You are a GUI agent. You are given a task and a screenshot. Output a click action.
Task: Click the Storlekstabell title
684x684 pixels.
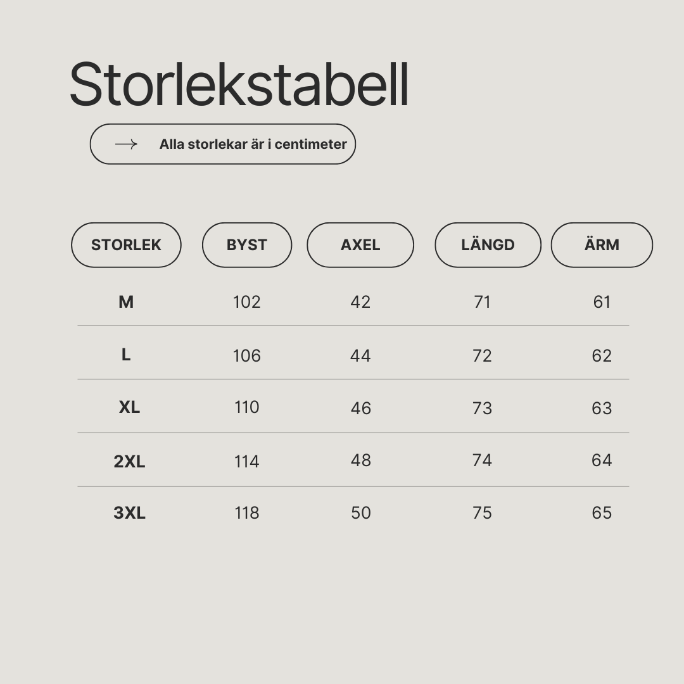pyautogui.click(x=239, y=85)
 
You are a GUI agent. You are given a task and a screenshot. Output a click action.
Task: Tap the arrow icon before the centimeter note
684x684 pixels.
pyautogui.click(x=126, y=144)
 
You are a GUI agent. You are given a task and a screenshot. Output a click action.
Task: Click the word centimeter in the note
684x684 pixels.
pyautogui.click(x=310, y=144)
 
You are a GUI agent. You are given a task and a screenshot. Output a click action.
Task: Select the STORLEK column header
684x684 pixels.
pyautogui.click(x=126, y=244)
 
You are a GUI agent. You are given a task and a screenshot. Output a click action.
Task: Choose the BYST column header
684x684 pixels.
pyautogui.click(x=247, y=244)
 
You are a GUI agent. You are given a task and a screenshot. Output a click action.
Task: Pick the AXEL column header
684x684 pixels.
pyautogui.click(x=360, y=244)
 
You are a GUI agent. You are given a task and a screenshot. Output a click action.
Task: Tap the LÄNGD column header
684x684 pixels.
pyautogui.click(x=488, y=244)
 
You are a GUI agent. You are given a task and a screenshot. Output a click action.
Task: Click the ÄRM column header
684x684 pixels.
pyautogui.click(x=602, y=244)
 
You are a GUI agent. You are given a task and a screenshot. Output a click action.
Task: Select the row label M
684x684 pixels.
pyautogui.click(x=126, y=302)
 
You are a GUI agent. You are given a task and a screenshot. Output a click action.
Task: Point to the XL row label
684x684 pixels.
pyautogui.click(x=130, y=407)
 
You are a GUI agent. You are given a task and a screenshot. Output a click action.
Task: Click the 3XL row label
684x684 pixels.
pyautogui.click(x=130, y=513)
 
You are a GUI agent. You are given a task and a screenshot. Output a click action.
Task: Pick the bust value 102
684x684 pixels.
pyautogui.click(x=247, y=302)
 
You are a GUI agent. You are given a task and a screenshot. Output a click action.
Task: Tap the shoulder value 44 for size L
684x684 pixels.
pyautogui.click(x=360, y=356)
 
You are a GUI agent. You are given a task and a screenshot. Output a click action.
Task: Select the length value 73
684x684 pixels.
pyautogui.click(x=482, y=408)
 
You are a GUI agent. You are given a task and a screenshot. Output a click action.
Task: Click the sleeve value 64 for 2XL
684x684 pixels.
pyautogui.click(x=602, y=460)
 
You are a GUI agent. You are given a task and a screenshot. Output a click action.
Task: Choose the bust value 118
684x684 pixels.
pyautogui.click(x=247, y=513)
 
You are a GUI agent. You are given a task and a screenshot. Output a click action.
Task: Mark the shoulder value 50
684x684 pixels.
pyautogui.click(x=361, y=513)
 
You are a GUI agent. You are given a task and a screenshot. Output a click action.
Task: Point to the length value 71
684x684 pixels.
pyautogui.click(x=482, y=302)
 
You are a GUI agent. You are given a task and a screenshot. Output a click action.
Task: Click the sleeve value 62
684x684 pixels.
pyautogui.click(x=602, y=356)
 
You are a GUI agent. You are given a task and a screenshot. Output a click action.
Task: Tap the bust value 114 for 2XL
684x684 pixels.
pyautogui.click(x=247, y=462)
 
